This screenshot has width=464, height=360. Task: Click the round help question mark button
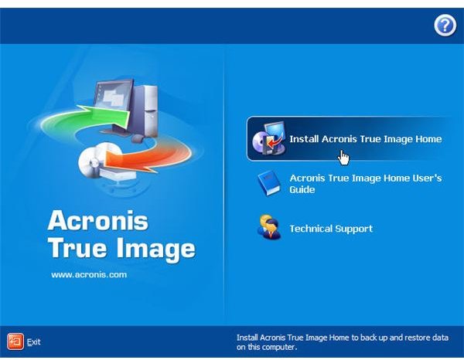coord(445,25)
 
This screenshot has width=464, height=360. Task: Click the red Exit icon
coord(15,341)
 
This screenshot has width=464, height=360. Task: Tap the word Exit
coord(34,342)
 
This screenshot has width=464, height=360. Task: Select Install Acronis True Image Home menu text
coord(366,139)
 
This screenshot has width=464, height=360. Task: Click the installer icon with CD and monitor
coord(269,138)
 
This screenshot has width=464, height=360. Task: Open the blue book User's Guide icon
coord(269,183)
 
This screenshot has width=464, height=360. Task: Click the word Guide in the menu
coord(302,189)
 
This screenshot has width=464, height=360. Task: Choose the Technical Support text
coord(331,229)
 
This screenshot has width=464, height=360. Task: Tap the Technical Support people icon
coord(269,227)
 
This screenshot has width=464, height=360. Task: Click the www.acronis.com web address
coord(89,275)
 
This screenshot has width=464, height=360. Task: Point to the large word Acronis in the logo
coord(97,220)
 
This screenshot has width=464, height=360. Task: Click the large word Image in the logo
coord(155,249)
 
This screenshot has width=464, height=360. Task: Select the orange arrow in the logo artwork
coord(148,158)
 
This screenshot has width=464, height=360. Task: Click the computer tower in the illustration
coord(145,110)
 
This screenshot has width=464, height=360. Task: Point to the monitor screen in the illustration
coord(113,95)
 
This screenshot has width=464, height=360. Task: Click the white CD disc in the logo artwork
coord(94,161)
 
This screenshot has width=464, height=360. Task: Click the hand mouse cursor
coord(343,158)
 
